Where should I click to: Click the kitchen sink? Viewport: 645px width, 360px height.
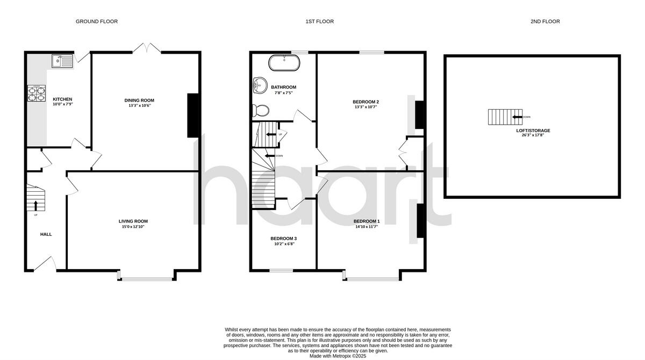63,61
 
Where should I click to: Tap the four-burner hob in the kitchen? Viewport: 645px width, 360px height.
37,93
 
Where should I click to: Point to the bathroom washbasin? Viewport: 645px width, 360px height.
259,85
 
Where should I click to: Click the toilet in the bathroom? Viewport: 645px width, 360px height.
261,111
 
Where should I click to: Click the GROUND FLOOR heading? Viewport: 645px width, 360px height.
97,21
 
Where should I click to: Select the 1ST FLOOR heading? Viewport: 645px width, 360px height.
320,21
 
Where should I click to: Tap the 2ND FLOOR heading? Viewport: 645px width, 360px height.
545,21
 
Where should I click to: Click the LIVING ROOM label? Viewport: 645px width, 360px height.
133,221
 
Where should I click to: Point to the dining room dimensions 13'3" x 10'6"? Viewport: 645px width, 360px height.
139,105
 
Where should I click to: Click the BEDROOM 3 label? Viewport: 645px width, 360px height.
283,239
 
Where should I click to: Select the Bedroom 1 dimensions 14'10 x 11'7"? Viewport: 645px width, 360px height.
367,227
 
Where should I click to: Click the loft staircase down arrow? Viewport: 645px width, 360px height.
517,117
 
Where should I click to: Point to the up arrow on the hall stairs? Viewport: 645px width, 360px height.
36,205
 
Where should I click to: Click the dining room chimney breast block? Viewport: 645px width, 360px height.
193,116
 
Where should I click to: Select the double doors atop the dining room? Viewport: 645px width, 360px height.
147,49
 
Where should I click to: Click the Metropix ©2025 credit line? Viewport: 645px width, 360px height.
338,356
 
